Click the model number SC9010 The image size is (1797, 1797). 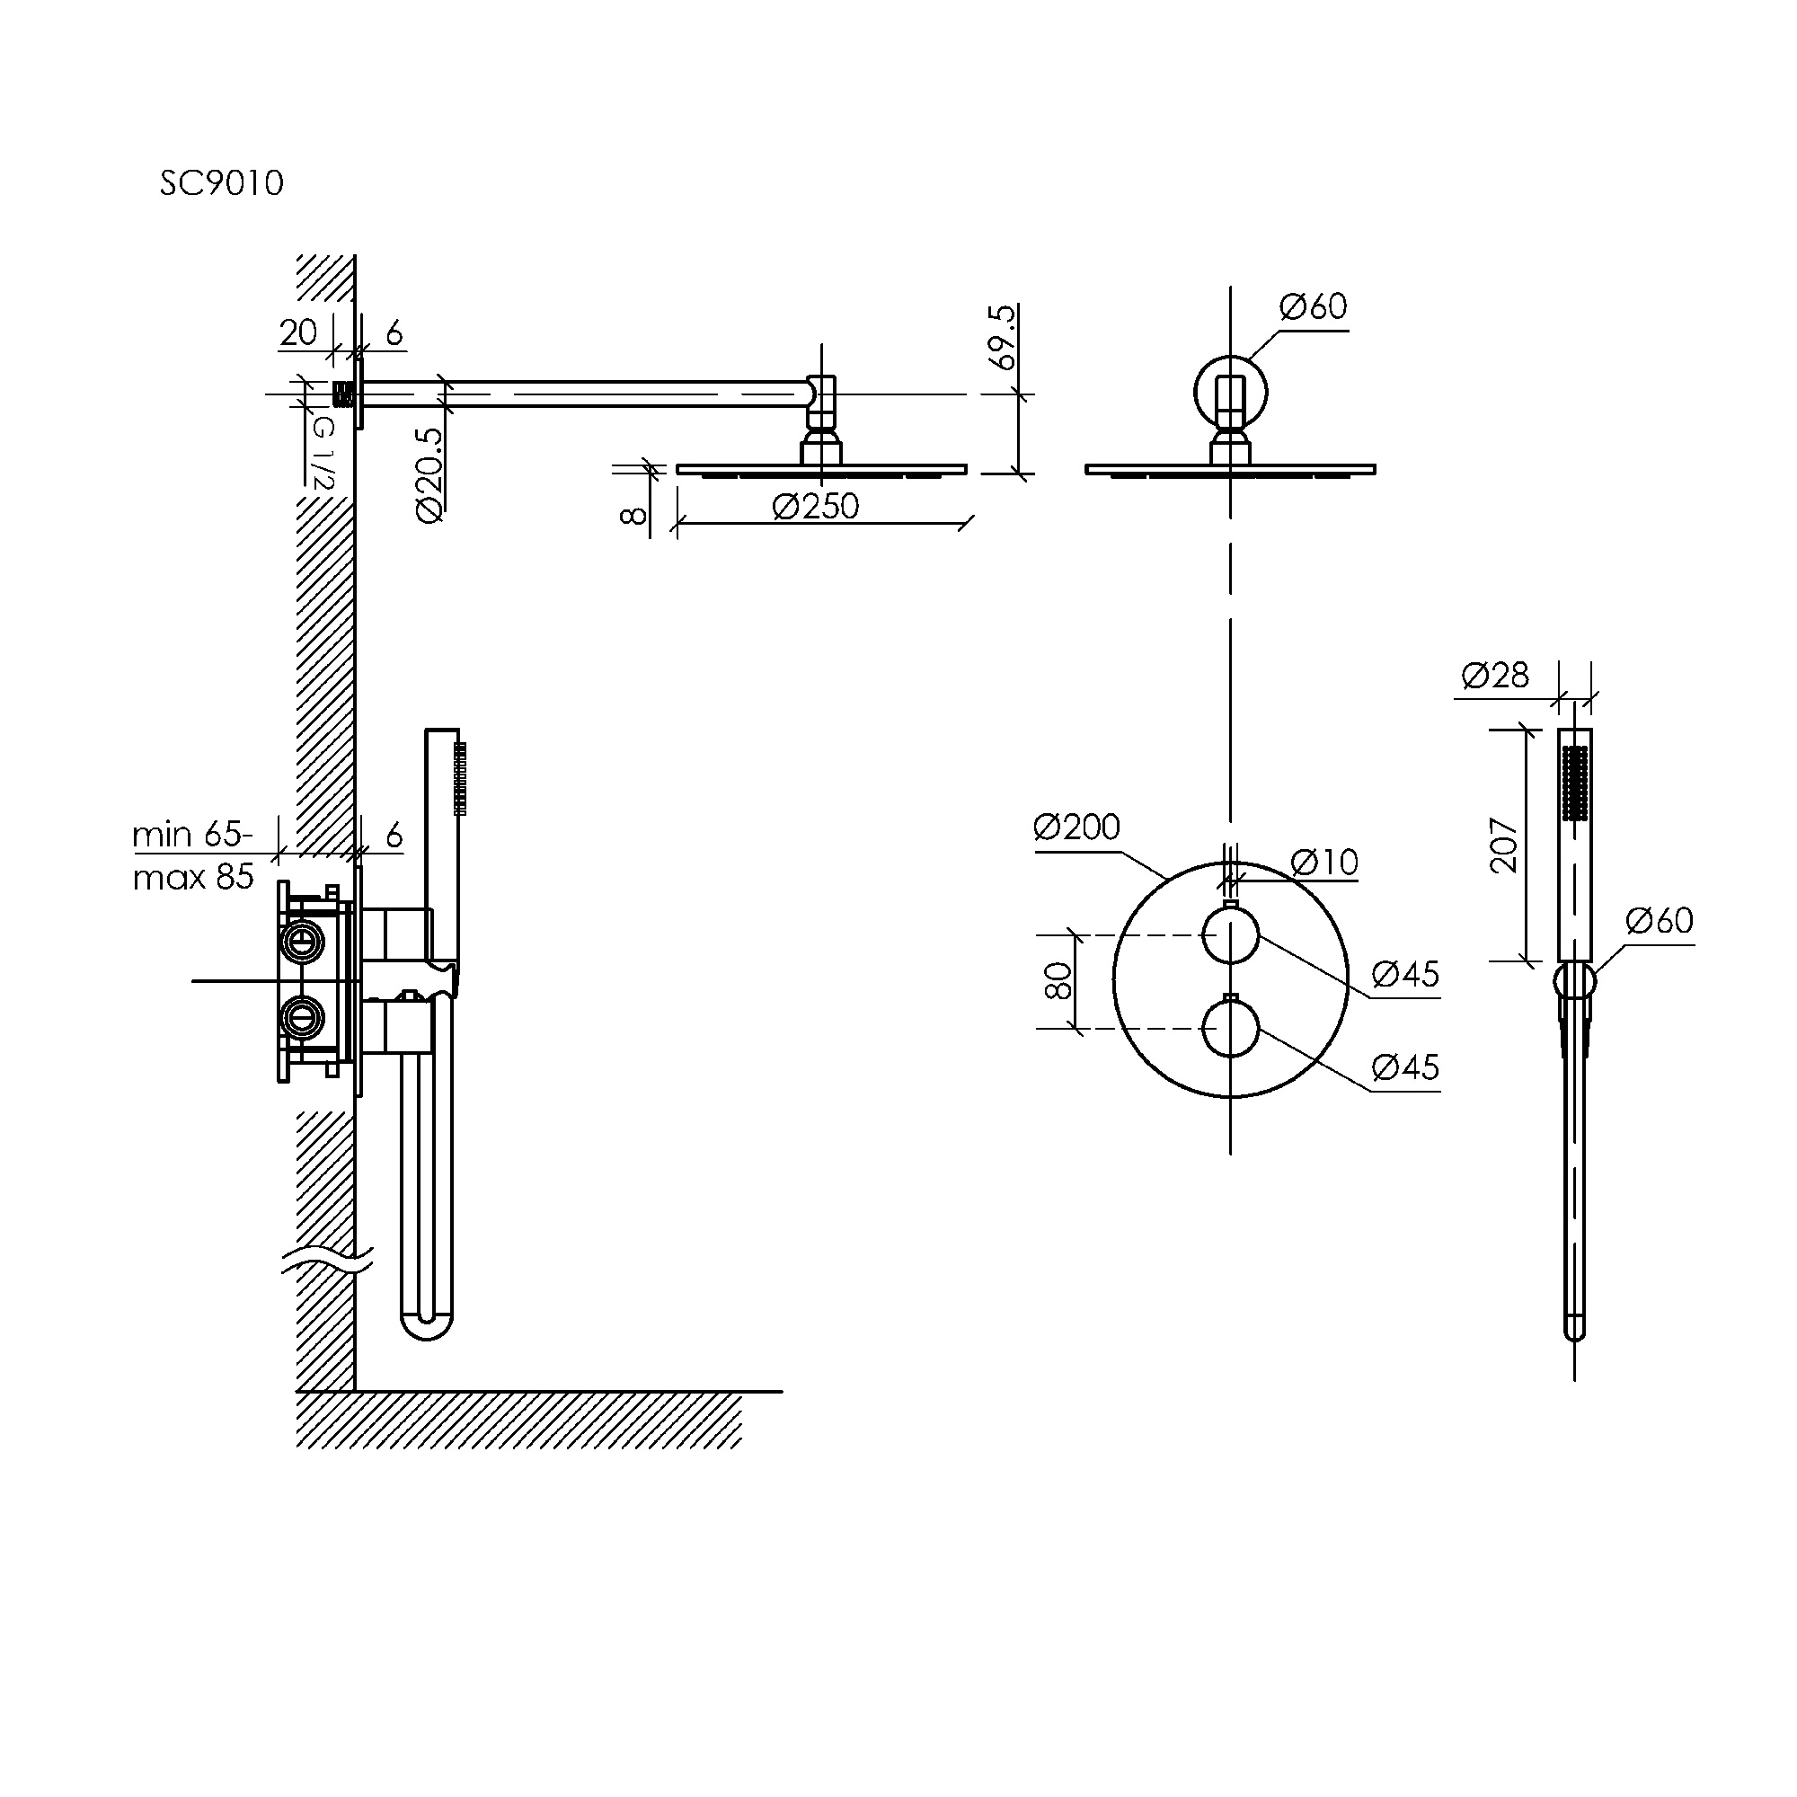point(221,182)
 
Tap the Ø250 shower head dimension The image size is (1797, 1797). point(815,506)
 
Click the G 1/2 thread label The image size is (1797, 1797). point(322,453)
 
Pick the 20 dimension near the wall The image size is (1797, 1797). point(297,332)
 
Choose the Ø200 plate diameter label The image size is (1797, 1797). point(1077,826)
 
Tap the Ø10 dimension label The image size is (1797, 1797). point(1324,863)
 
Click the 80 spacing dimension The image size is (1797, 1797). point(1058,981)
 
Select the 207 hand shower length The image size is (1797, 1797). point(1504,845)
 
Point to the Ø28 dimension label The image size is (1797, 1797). point(1495,675)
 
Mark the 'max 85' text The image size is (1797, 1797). point(193,876)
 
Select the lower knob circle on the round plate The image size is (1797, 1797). point(1231,1029)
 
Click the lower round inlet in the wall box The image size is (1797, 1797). point(301,1016)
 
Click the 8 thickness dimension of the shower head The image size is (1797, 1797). point(633,514)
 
